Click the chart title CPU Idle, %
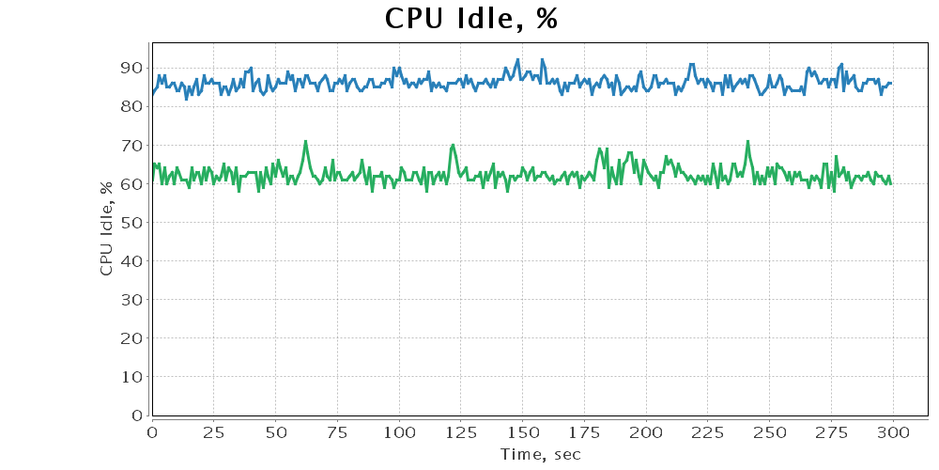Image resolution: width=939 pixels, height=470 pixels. pos(470,19)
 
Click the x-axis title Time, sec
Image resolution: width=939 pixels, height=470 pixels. pos(540,455)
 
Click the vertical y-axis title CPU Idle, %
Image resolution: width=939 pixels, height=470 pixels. pos(106,227)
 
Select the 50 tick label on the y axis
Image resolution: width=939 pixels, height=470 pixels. pos(131,223)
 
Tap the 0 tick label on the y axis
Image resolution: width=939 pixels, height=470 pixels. pos(136,415)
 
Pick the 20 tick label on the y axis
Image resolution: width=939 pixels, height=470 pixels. pos(131,338)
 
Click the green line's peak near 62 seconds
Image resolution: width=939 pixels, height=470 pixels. pos(305,141)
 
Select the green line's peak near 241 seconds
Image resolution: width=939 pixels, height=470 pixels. pos(747,141)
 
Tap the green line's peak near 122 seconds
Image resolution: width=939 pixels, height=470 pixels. pos(454,145)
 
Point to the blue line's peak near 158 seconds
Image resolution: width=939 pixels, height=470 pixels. pos(542,59)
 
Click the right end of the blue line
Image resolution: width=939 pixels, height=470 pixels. pos(891,83)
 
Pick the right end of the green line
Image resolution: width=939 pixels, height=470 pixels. pos(890,183)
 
